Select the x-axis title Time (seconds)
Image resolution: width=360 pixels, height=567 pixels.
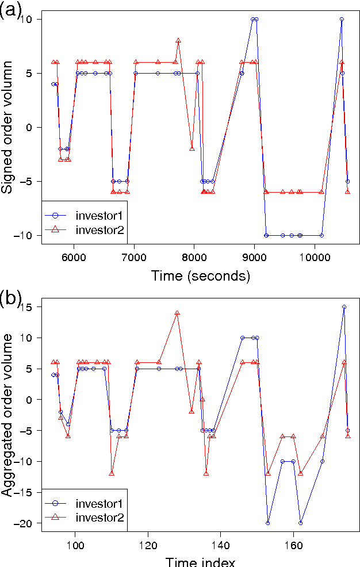pyautogui.click(x=201, y=276)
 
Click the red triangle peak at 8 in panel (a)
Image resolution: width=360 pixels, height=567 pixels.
pyautogui.click(x=178, y=41)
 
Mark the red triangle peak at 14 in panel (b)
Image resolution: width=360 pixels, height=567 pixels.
pyautogui.click(x=177, y=313)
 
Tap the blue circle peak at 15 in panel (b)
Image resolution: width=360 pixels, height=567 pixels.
pyautogui.click(x=344, y=307)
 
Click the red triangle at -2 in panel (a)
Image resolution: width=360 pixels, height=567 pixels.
pyautogui.click(x=192, y=148)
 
